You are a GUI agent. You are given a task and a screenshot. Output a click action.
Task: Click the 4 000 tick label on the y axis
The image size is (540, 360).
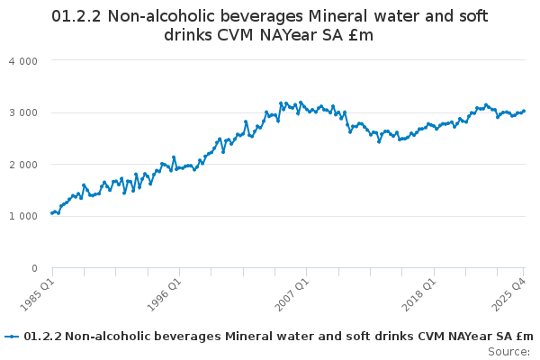[25, 60]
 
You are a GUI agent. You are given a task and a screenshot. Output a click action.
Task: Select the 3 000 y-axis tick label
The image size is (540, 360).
[25, 112]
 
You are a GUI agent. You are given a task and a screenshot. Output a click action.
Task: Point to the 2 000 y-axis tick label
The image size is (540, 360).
[25, 165]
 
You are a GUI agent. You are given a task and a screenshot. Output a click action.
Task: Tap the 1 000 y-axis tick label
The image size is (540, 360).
[25, 217]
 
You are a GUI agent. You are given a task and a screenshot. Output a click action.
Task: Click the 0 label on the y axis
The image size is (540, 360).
[33, 268]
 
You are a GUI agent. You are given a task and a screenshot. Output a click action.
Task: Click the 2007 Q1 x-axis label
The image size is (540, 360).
[292, 292]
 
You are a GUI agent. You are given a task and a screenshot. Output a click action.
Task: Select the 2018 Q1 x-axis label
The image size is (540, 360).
[418, 292]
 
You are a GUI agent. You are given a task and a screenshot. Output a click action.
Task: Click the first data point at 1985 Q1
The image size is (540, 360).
[52, 213]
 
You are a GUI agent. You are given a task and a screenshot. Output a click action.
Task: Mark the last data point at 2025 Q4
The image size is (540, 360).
[525, 111]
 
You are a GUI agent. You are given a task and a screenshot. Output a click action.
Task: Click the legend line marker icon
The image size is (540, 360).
[12, 337]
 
